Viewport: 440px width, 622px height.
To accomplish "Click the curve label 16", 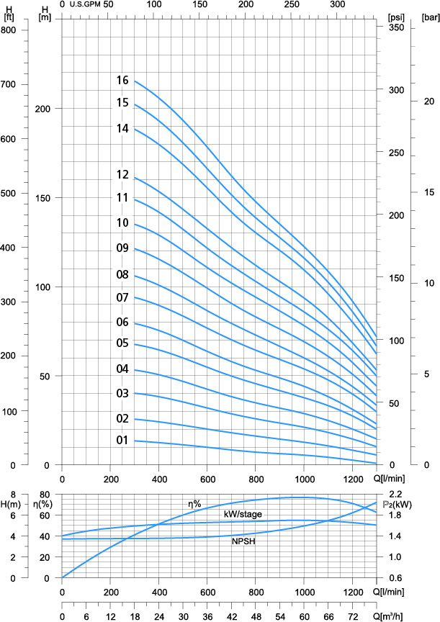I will [122, 81].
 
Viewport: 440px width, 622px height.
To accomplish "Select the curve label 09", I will [122, 248].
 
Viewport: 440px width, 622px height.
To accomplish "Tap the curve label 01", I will [122, 441].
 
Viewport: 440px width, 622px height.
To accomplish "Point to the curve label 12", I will [122, 175].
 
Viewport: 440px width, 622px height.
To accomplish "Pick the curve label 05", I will [122, 343].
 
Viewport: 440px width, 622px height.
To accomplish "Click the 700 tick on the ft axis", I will [9, 84].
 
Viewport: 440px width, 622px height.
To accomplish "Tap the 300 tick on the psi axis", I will [395, 91].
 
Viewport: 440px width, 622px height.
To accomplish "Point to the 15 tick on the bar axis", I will [428, 192].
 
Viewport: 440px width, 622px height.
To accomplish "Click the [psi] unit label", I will [395, 17].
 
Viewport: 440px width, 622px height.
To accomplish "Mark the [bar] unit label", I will [429, 17].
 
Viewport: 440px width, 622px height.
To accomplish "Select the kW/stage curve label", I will [243, 514].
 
